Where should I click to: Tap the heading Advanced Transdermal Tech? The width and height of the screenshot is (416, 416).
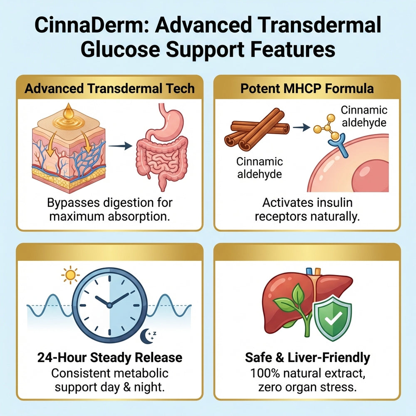click(109, 88)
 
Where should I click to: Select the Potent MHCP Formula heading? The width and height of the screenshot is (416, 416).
click(307, 88)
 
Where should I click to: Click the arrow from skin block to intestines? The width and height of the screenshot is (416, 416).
click(120, 145)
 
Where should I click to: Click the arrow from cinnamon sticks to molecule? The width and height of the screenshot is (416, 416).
click(301, 127)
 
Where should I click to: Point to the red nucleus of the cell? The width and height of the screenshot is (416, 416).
click(371, 176)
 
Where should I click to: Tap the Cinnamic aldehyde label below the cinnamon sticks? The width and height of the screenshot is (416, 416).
click(260, 168)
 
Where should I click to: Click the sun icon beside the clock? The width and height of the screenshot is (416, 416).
click(70, 275)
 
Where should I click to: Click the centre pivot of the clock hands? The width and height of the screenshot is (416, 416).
click(109, 305)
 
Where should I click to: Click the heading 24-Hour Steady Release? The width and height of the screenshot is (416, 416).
click(110, 357)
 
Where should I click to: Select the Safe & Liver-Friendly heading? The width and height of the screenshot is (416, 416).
click(307, 358)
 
